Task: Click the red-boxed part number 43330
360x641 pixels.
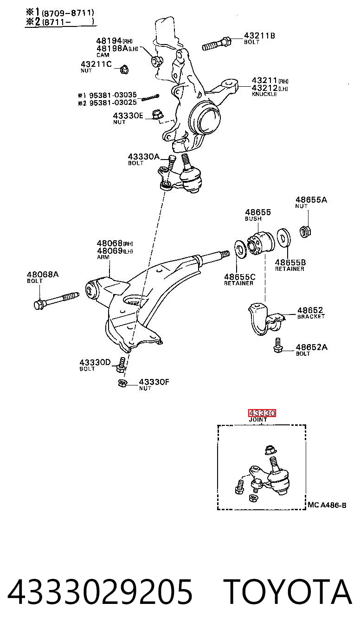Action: [262, 413]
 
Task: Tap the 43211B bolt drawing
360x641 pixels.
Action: [217, 44]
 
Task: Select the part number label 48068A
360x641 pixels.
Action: [43, 275]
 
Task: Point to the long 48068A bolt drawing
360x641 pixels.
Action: [56, 300]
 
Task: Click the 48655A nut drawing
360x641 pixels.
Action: [305, 231]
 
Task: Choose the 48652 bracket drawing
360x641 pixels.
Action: [266, 319]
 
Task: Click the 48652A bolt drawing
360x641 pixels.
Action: [278, 346]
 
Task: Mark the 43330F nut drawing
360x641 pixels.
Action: [123, 383]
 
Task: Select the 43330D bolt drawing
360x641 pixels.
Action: [121, 365]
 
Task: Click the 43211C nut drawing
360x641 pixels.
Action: [124, 69]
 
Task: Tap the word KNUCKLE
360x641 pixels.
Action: [264, 94]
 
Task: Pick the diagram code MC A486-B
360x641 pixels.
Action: [327, 505]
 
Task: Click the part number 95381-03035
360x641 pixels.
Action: [113, 95]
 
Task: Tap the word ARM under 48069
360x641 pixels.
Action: [103, 257]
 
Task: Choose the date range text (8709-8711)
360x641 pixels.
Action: [68, 13]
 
